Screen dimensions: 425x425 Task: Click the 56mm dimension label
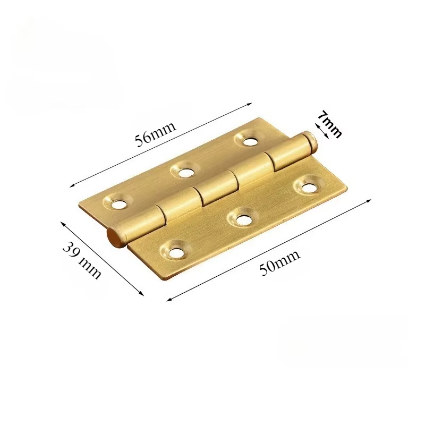click(156, 134)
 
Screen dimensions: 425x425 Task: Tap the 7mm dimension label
click(329, 124)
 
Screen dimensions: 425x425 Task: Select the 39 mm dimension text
click(82, 259)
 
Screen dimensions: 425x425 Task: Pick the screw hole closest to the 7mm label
click(250, 141)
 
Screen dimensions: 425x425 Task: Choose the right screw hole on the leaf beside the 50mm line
click(309, 186)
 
